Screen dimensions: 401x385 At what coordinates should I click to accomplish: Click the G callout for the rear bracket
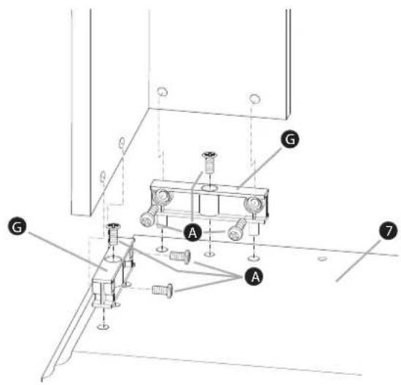(290, 139)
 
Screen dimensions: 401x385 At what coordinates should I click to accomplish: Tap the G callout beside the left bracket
(17, 228)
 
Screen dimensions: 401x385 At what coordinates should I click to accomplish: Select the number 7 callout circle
(389, 231)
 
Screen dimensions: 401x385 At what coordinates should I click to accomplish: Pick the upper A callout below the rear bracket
(192, 232)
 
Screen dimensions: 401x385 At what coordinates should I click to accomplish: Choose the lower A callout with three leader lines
(254, 276)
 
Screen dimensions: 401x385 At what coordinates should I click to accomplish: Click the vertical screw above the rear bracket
(209, 162)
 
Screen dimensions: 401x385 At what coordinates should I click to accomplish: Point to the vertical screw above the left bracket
(113, 233)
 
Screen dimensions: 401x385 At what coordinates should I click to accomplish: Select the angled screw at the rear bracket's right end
(237, 230)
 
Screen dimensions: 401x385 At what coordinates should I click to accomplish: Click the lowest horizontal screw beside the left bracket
(162, 291)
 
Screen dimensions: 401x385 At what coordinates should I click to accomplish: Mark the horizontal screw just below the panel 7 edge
(180, 256)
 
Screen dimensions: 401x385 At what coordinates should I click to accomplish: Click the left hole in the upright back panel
(162, 91)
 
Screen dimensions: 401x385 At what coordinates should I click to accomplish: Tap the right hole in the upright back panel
(255, 98)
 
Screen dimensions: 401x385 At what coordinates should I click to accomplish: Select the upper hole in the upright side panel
(122, 143)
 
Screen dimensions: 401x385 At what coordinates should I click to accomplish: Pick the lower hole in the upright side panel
(102, 176)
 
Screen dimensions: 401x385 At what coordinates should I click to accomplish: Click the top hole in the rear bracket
(209, 188)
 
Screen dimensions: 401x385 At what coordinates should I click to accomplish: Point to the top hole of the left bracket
(112, 258)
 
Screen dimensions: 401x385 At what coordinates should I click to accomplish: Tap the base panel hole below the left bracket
(103, 326)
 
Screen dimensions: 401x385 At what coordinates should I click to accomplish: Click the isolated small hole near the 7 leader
(322, 259)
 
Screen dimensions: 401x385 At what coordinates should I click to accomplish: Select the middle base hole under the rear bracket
(209, 254)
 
